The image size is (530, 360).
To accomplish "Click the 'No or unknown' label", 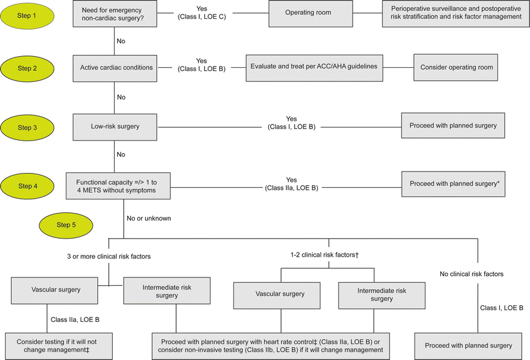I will (x=149, y=218).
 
